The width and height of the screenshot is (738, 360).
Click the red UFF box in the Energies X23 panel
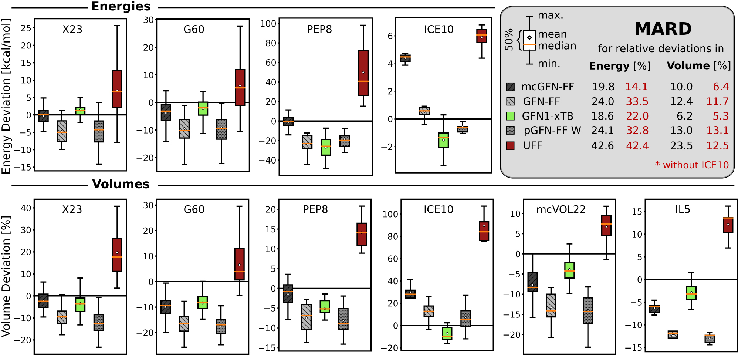click(117, 89)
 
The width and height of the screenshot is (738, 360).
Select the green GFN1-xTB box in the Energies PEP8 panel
click(326, 147)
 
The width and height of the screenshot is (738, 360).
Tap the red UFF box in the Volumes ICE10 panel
click(484, 231)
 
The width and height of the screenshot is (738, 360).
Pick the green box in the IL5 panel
click(691, 293)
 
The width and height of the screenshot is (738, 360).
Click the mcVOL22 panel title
click(561, 209)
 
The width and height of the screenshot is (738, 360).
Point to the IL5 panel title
click(683, 209)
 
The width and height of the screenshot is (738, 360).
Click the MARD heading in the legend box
click(663, 29)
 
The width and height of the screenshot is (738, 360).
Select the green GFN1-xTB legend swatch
click(510, 116)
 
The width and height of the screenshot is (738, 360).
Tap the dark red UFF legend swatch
click(510, 145)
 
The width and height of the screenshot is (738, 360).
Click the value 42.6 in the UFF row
click(602, 146)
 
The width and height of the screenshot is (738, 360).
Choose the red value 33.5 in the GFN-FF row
click(637, 101)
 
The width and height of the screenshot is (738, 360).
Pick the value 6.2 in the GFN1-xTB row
click(684, 116)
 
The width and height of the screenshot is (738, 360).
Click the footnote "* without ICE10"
click(692, 165)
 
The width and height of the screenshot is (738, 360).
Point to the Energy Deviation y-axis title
click(6, 96)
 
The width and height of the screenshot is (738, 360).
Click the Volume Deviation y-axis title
click(6, 276)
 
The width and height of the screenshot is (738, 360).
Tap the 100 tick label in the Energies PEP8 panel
click(268, 24)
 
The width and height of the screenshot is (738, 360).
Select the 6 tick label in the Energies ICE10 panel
click(390, 36)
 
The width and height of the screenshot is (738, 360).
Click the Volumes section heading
click(121, 184)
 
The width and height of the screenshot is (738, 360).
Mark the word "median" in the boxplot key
click(557, 46)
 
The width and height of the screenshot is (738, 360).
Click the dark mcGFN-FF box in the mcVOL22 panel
click(532, 282)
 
